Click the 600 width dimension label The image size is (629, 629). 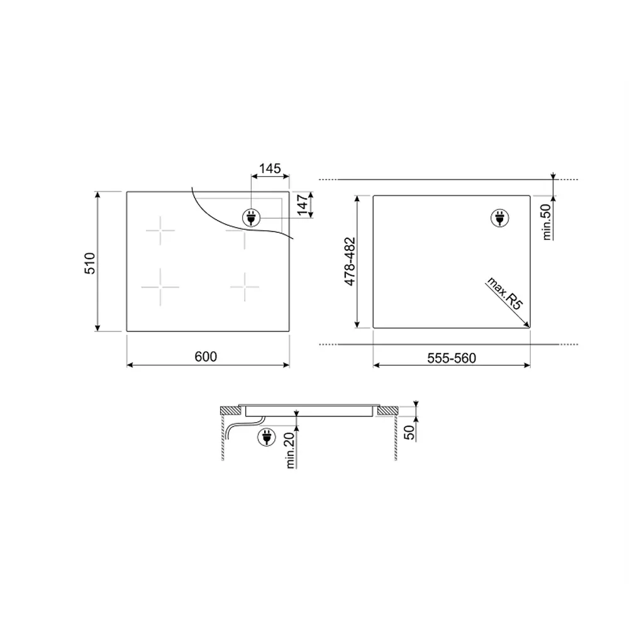coord(206,357)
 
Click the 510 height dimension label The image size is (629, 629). coord(90,263)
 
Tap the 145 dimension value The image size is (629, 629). coord(270,169)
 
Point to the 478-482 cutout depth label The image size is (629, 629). coord(350,262)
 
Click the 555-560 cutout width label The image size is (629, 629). coord(452,358)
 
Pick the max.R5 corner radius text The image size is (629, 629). coord(505,293)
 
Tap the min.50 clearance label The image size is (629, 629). coord(547,222)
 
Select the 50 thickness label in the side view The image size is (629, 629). coord(409,433)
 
